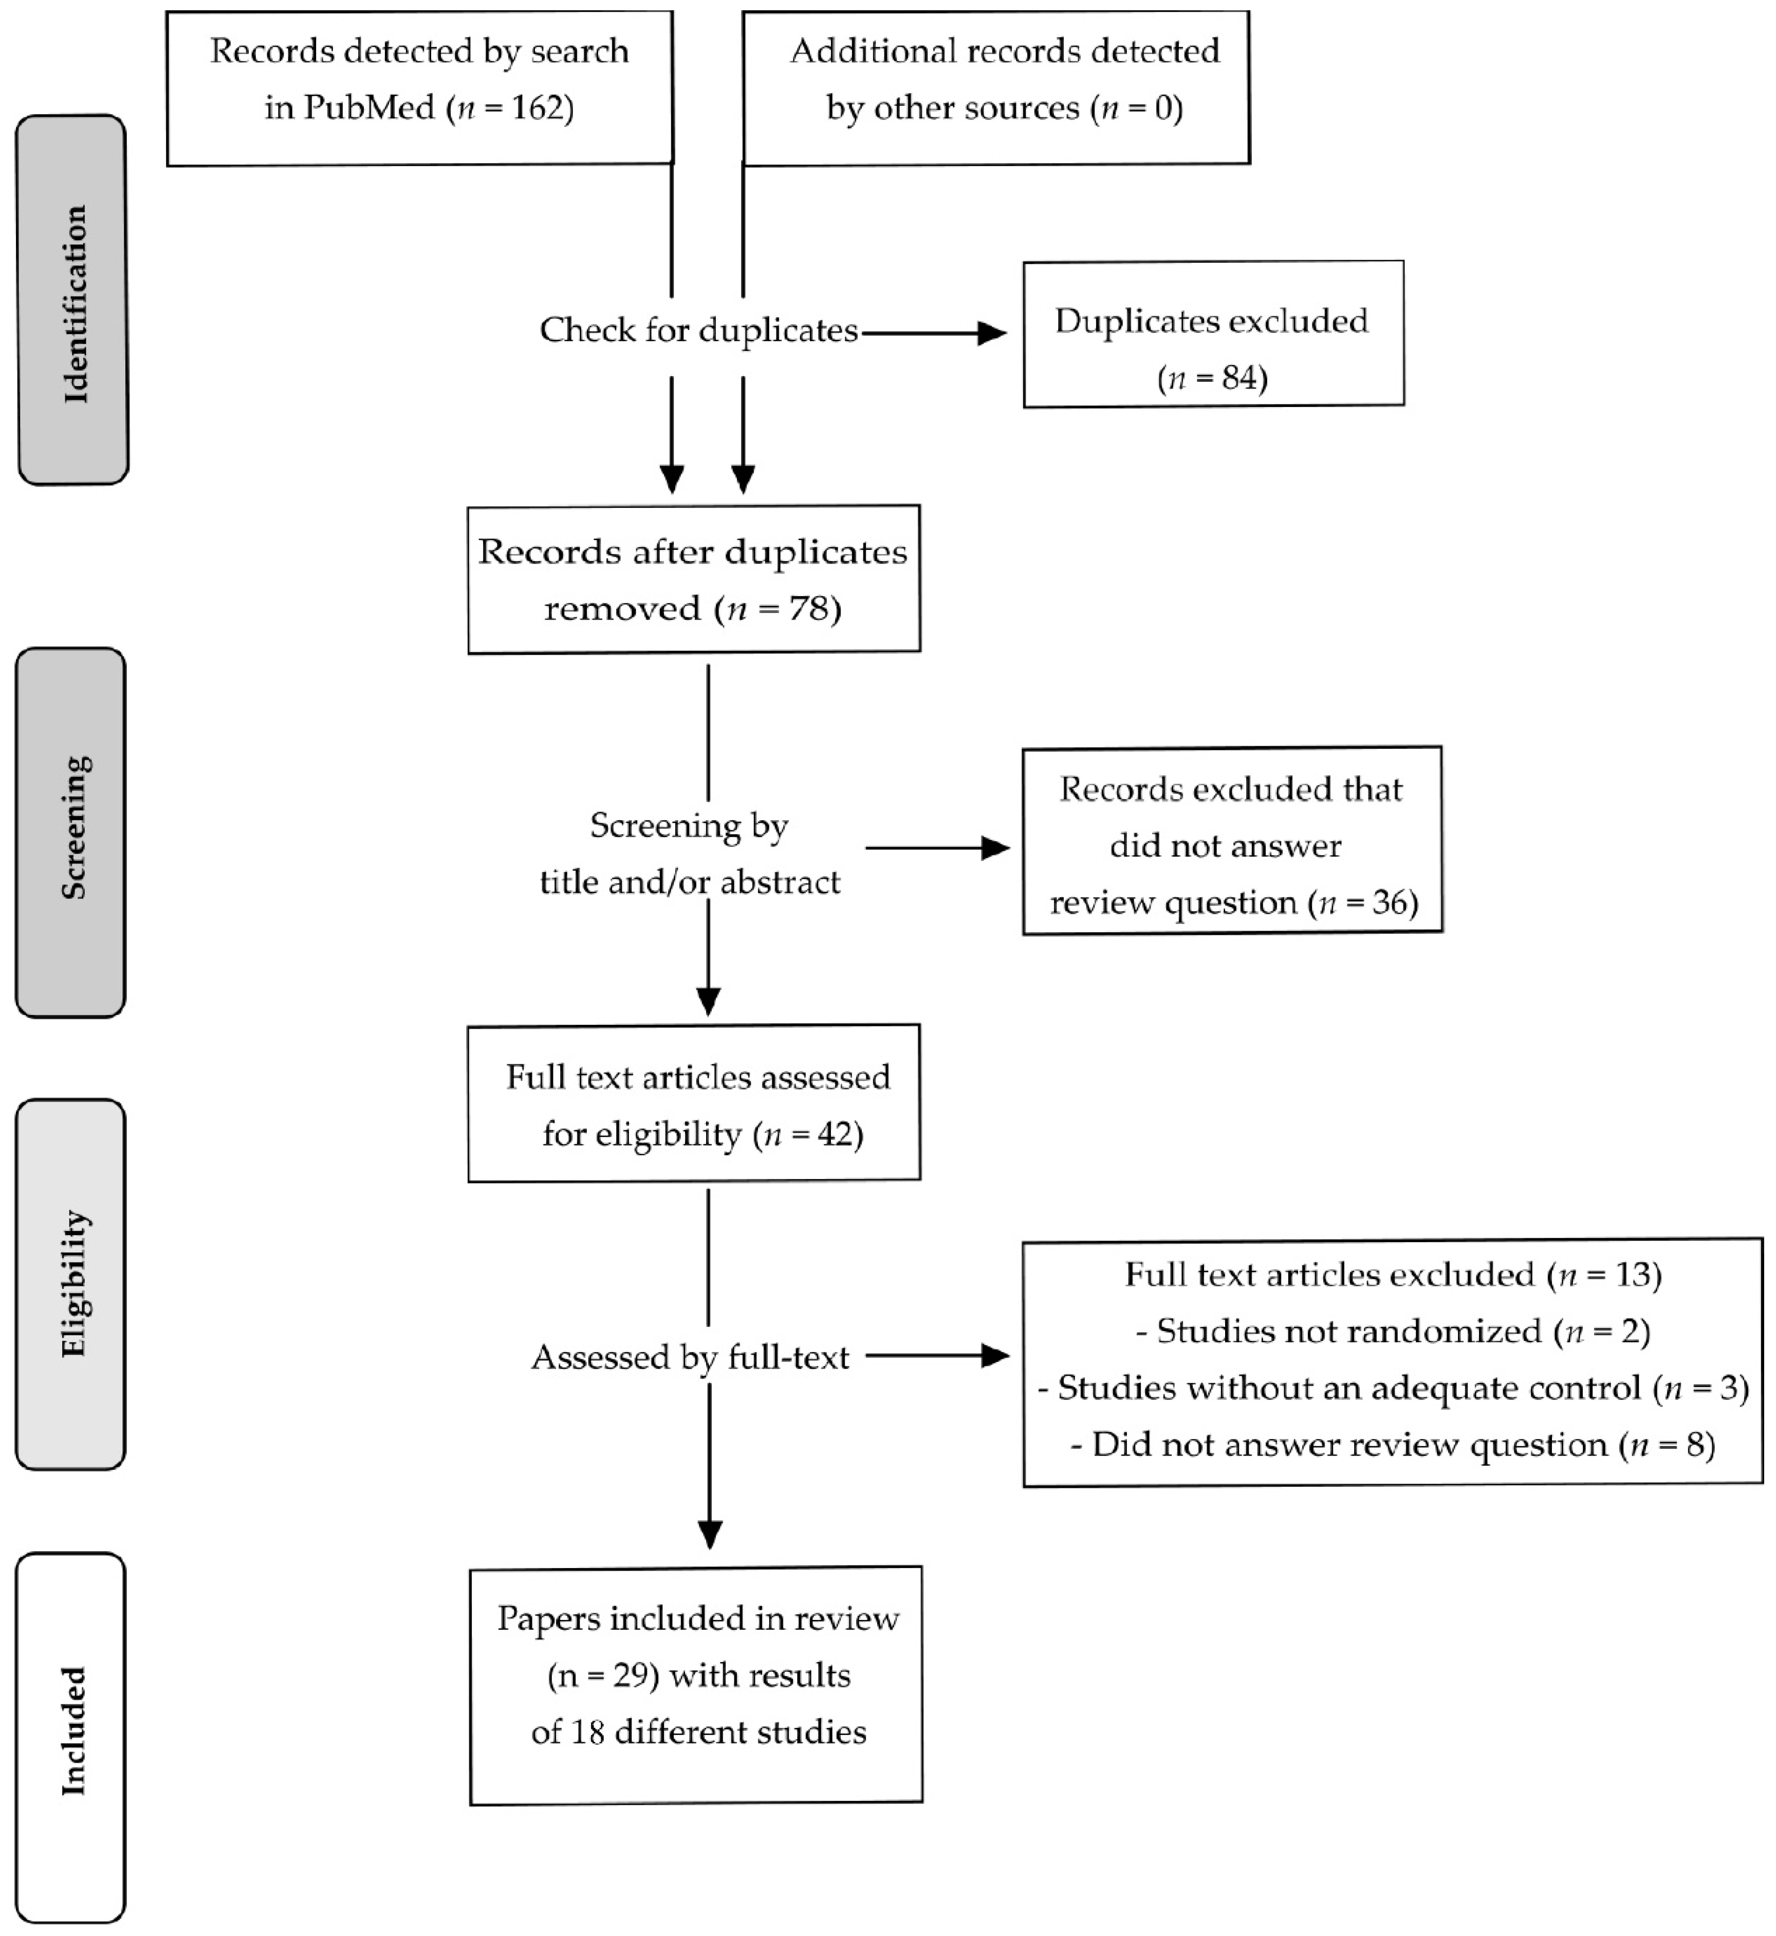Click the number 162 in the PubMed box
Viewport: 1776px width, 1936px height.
537,107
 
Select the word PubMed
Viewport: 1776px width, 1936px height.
369,107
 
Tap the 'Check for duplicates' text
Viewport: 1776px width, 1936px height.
698,330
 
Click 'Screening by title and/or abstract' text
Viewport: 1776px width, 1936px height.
689,854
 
